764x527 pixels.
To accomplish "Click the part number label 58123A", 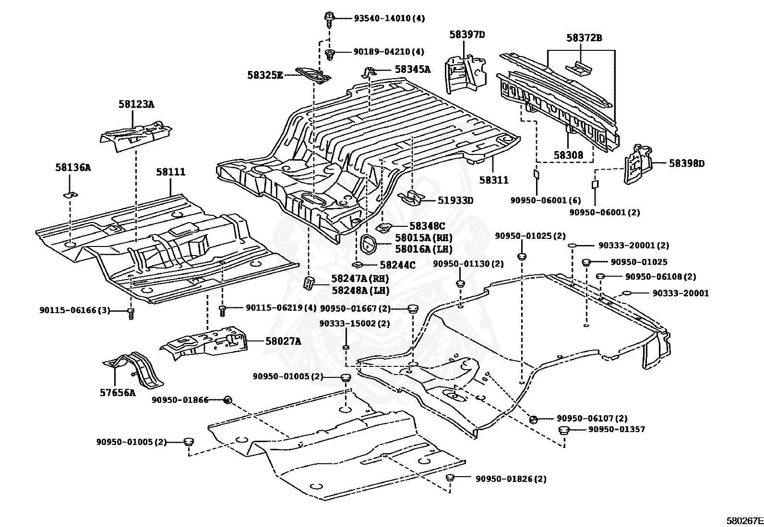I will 136,104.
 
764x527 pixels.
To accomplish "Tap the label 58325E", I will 265,75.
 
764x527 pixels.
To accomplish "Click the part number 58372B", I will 584,38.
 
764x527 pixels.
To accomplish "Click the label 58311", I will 494,180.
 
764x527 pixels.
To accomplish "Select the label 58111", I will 170,172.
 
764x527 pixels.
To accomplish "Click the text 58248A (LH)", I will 359,291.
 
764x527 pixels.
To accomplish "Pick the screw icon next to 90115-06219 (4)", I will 222,310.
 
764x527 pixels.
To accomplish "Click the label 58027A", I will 283,341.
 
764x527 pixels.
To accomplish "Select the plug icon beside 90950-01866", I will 228,399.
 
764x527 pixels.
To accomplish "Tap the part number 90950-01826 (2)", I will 511,479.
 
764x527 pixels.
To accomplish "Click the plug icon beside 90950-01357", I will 564,430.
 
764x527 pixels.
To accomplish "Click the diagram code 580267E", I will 744,520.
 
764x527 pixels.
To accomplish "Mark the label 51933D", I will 454,200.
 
